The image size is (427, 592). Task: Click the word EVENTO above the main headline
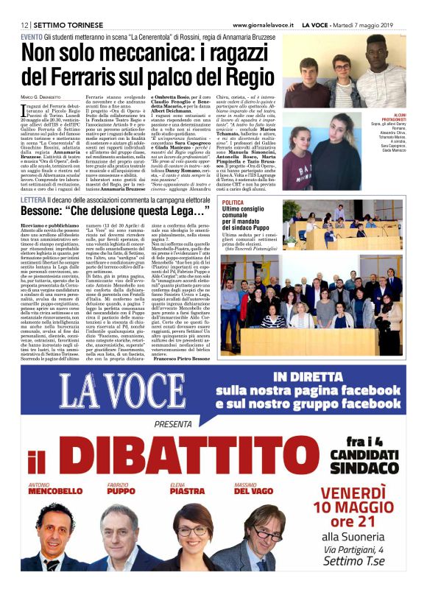pos(32,36)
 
